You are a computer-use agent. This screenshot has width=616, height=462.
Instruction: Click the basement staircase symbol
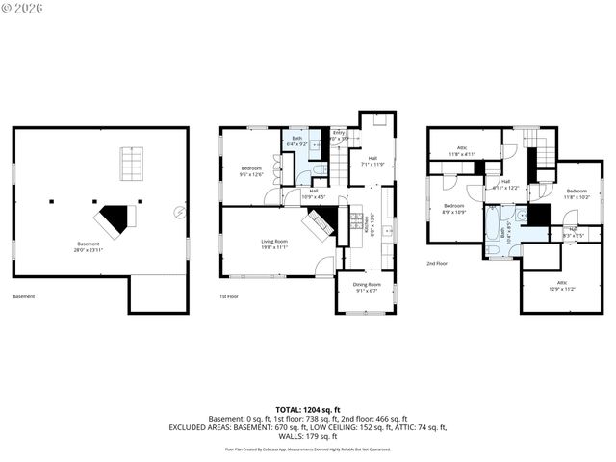[130, 164]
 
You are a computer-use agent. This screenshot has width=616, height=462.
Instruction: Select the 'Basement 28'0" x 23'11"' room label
[87, 246]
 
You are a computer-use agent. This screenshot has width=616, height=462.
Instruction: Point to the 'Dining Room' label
[367, 286]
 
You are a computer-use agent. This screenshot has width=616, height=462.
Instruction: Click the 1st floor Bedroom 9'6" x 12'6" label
[251, 171]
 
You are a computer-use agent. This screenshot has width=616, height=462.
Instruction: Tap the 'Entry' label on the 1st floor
[339, 135]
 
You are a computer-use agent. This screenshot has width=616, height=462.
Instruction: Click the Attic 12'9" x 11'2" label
[561, 287]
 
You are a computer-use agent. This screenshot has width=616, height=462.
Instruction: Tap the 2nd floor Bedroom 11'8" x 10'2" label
[577, 195]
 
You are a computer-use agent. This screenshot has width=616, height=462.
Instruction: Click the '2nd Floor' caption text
[438, 262]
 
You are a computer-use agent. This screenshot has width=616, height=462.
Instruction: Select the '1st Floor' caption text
[228, 296]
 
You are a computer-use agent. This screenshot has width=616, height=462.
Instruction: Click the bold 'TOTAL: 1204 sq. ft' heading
[308, 410]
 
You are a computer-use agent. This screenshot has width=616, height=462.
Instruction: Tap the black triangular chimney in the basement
[118, 219]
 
